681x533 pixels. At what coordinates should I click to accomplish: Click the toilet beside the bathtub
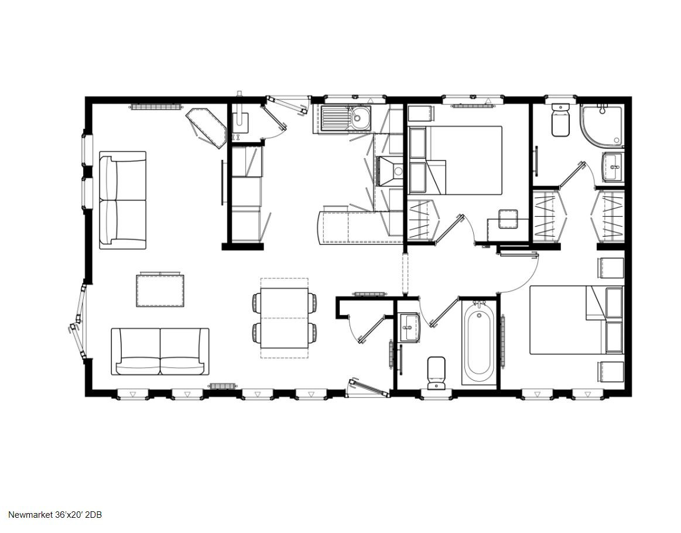pyautogui.click(x=436, y=373)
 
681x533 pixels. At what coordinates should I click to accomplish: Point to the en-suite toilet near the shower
pyautogui.click(x=560, y=120)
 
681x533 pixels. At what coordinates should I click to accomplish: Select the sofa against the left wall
pyautogui.click(x=122, y=200)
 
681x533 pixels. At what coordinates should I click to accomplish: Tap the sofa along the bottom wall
pyautogui.click(x=160, y=352)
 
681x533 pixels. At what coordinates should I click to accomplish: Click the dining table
pyautogui.click(x=285, y=318)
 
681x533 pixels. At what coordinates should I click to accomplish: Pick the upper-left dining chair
pyautogui.click(x=256, y=301)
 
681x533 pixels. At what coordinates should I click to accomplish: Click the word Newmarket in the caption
pyautogui.click(x=30, y=515)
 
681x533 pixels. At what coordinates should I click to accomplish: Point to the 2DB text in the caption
pyautogui.click(x=94, y=515)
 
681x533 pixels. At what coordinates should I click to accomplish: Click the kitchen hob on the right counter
pyautogui.click(x=391, y=172)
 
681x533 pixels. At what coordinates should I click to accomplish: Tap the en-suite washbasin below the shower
pyautogui.click(x=612, y=167)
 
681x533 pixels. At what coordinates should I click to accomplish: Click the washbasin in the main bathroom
pyautogui.click(x=409, y=327)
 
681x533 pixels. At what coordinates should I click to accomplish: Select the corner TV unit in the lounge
pyautogui.click(x=206, y=128)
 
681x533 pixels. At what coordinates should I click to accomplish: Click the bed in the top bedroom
pyautogui.click(x=455, y=160)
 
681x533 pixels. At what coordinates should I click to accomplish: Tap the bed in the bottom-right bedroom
pyautogui.click(x=577, y=320)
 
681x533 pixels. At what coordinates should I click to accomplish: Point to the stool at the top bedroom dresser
pyautogui.click(x=508, y=218)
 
